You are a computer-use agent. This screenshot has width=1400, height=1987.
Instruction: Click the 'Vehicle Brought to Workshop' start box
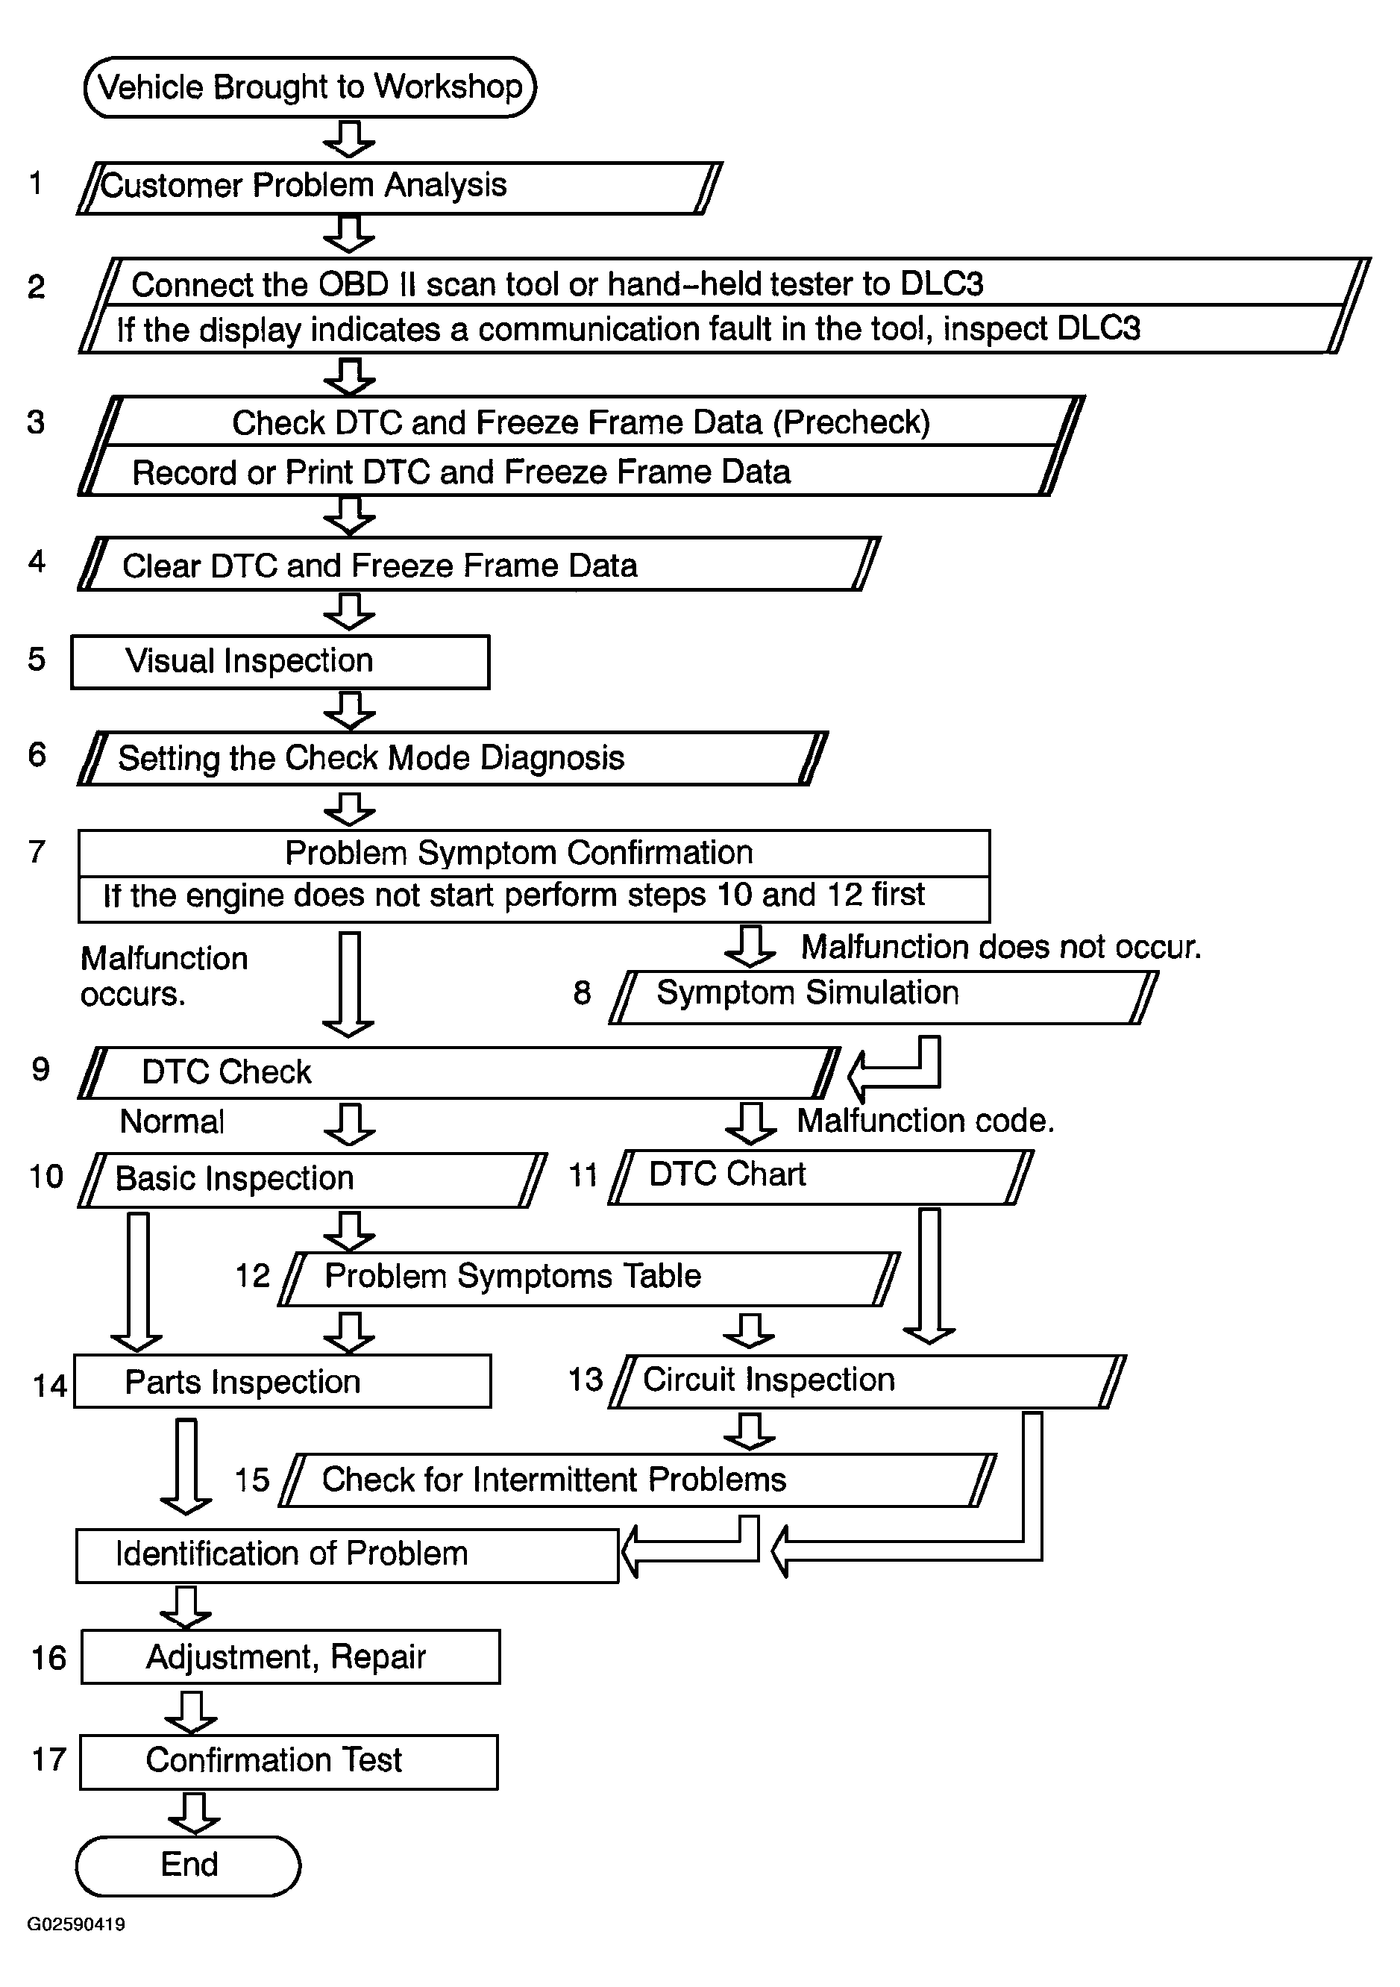tap(310, 87)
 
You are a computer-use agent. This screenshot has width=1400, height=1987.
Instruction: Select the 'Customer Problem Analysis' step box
tap(398, 187)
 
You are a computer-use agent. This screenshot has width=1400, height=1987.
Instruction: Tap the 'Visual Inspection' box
tap(280, 662)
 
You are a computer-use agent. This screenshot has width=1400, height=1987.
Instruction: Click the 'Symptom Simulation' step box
tap(882, 996)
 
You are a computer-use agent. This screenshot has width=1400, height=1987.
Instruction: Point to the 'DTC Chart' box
tap(820, 1176)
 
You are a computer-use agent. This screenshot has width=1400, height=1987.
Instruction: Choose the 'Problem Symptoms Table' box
tap(588, 1278)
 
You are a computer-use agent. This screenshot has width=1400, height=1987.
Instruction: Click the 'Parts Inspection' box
tap(282, 1381)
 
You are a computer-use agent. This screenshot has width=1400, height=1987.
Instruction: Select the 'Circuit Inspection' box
tap(865, 1380)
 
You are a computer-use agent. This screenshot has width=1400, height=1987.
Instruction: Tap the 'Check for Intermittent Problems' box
tap(638, 1480)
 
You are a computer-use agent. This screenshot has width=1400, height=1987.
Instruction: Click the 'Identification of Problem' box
tap(346, 1555)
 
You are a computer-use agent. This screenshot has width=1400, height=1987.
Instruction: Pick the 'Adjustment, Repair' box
tap(290, 1656)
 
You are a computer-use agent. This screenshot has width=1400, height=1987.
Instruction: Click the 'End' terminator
tap(189, 1864)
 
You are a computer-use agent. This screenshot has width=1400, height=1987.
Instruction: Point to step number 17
tap(48, 1759)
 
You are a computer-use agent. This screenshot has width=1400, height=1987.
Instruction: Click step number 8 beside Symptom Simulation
tap(582, 992)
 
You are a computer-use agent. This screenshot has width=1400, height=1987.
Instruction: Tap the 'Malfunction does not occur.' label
tap(1001, 948)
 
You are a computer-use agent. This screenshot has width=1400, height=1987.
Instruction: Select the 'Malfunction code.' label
tap(925, 1121)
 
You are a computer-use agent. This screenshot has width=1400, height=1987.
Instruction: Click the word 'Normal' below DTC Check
tap(172, 1121)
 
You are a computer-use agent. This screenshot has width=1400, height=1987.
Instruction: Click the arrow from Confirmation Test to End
tap(194, 1812)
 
